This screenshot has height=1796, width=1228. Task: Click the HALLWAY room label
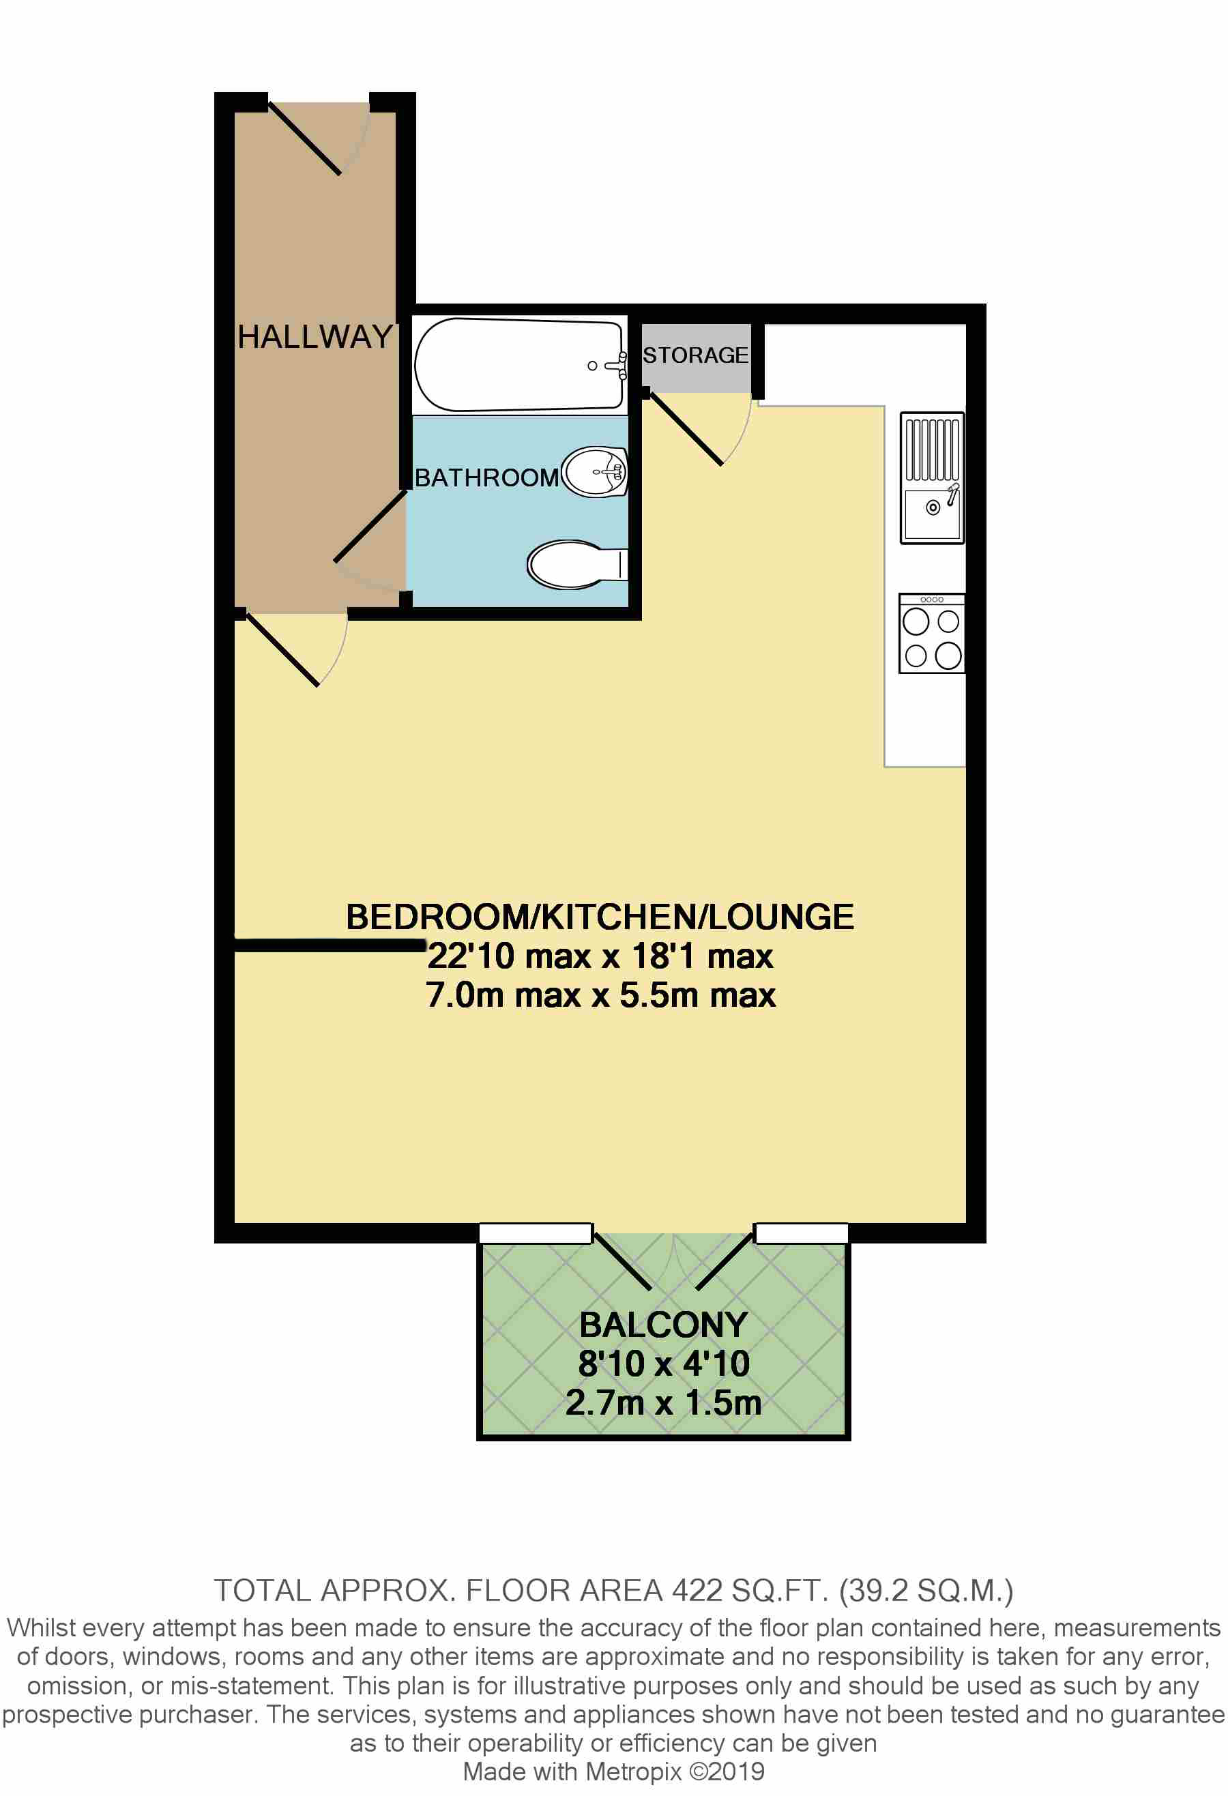(x=315, y=337)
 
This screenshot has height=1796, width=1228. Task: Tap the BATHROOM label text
(x=487, y=477)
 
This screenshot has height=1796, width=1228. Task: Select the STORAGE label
(x=696, y=355)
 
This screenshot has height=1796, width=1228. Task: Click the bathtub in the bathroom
(x=520, y=365)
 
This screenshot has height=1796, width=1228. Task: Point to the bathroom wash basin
(x=594, y=471)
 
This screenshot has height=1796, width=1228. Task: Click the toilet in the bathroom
(x=577, y=565)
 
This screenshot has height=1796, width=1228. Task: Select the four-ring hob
(x=932, y=634)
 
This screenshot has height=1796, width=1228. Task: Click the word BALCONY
(x=664, y=1325)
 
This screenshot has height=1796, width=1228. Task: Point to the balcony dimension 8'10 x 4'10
(x=664, y=1364)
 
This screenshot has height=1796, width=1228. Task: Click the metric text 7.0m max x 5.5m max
(x=600, y=995)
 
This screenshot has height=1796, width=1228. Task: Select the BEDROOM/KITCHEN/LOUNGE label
(x=600, y=917)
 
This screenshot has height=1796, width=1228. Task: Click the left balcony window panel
(x=536, y=1233)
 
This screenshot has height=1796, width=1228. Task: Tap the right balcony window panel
(x=802, y=1233)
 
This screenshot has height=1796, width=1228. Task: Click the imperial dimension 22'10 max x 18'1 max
(x=600, y=956)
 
